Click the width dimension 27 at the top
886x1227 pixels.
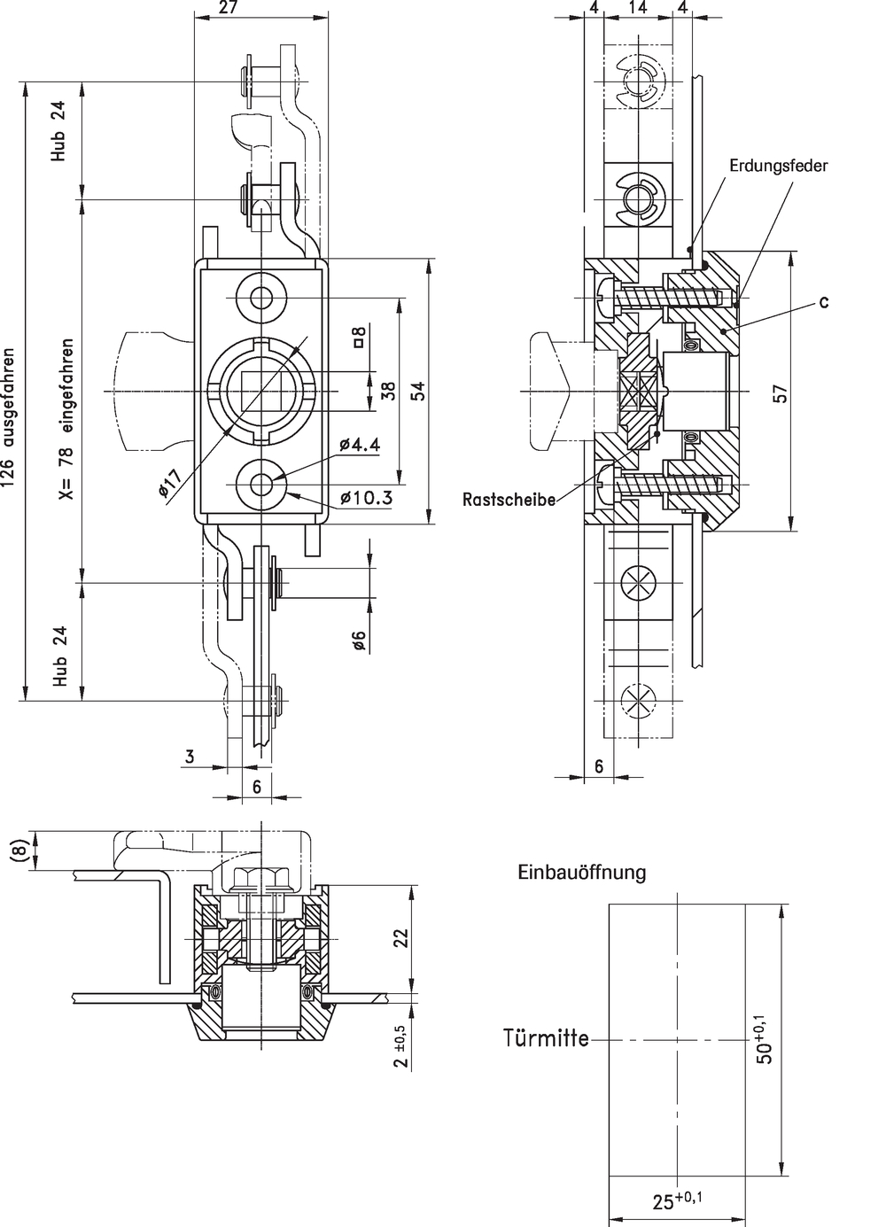pos(230,8)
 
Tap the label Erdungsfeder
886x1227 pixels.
pos(778,167)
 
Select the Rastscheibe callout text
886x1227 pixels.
pos(509,500)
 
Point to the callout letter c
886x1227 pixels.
pos(823,301)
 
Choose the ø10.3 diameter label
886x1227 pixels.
pos(365,498)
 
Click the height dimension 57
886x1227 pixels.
pos(781,394)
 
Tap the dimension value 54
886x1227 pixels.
pos(418,391)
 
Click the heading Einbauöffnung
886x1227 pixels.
pos(582,872)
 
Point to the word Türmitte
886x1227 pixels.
pos(547,1038)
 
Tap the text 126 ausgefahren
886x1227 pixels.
pos(10,416)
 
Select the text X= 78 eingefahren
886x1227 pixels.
pos(66,418)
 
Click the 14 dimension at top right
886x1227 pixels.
pos(638,7)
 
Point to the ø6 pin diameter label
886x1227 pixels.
pos(360,641)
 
